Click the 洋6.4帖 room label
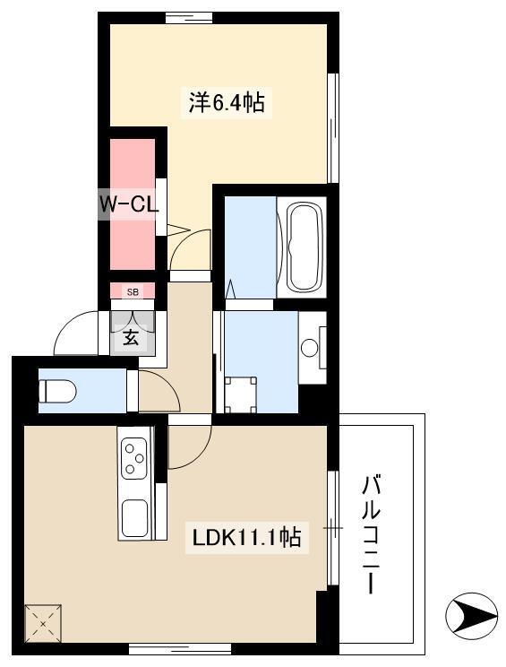227,102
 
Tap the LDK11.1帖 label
247,537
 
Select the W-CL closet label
129,204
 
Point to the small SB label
133,292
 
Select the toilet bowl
57,391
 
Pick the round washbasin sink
309,348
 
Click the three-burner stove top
133,458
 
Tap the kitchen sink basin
134,518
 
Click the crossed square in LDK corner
43,624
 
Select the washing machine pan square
241,394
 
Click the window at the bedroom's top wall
189,18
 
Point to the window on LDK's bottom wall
180,649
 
